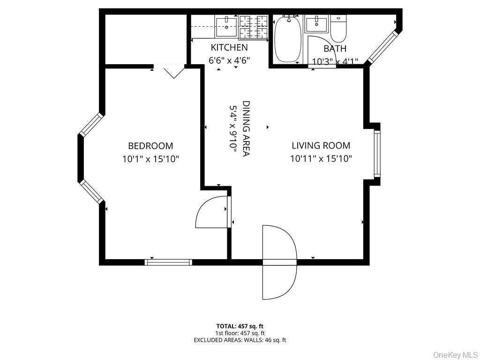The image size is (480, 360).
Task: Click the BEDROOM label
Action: point(150,146)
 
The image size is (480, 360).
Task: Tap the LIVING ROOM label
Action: point(321,145)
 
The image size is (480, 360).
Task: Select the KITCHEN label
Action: point(229,47)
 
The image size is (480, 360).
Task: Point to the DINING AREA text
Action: point(246,128)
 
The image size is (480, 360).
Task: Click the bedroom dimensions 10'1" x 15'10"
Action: point(150,159)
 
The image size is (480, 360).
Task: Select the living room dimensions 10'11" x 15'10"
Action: point(321,159)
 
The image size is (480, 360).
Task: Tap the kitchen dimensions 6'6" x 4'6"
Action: point(229,60)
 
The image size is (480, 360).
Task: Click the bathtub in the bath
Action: point(288,39)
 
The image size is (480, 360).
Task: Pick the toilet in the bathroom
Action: point(338,30)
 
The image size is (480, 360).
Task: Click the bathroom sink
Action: point(317,24)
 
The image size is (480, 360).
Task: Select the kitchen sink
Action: point(226,27)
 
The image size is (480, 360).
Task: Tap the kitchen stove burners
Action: point(253,27)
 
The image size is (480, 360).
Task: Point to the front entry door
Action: point(279,262)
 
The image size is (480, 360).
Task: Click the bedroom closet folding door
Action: point(169,70)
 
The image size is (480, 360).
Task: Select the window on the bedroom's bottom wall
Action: point(168,262)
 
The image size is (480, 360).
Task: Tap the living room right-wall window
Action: point(377,154)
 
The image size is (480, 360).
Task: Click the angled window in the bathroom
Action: point(382,47)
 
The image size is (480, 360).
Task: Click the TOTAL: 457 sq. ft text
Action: point(240,326)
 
